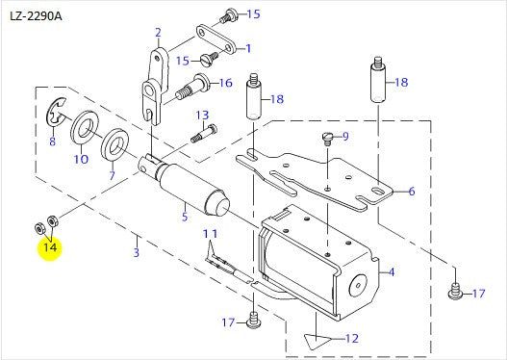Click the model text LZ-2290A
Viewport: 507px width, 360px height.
[36, 15]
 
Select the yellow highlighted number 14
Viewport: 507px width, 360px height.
[50, 247]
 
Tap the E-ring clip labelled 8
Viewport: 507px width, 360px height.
[56, 113]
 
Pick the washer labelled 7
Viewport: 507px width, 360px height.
[114, 144]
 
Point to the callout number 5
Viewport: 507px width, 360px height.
[185, 216]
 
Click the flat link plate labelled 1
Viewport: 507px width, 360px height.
[215, 39]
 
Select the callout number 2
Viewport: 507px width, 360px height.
[158, 33]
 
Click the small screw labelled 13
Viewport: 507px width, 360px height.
[204, 133]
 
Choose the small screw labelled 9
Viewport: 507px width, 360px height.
[328, 138]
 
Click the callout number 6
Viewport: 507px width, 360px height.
[412, 192]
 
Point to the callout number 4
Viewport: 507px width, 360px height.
[392, 272]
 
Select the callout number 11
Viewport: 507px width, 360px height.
[210, 234]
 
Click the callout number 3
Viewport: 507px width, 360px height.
[137, 252]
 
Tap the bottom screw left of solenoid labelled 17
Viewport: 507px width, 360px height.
[253, 320]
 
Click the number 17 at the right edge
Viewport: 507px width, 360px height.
[479, 294]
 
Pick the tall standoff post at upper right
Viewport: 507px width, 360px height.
[378, 80]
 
